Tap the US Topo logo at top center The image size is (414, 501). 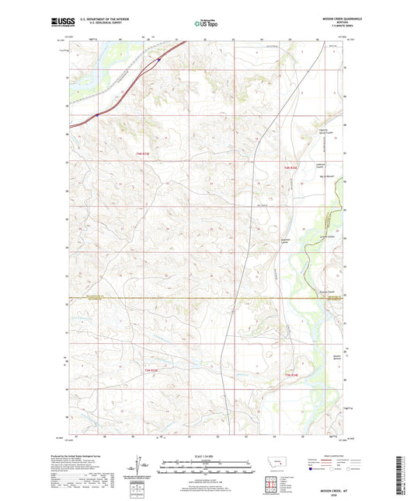click(x=205, y=23)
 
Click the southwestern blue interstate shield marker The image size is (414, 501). click(x=96, y=115)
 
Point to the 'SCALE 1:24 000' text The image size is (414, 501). click(x=205, y=455)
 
